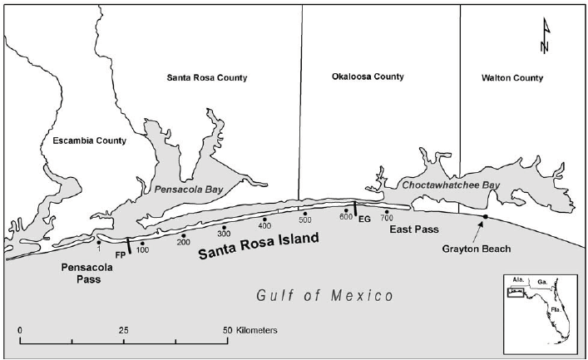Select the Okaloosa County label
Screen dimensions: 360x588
tap(368, 76)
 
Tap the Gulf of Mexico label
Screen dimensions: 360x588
tap(324, 295)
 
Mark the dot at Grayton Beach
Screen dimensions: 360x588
tap(485, 217)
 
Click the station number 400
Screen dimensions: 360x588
tap(264, 226)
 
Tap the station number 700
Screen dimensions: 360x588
tap(387, 218)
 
